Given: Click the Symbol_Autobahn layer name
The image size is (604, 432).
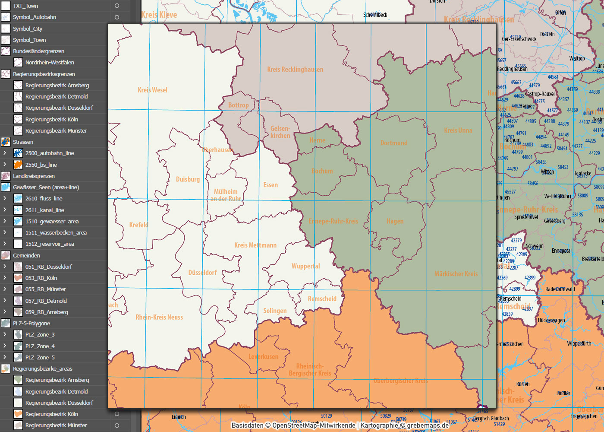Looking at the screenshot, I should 35,17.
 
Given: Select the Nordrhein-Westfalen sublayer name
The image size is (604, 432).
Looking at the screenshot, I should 50,63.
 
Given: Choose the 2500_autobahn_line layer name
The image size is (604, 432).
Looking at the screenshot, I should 50,153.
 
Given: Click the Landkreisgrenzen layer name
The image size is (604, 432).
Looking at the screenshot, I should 34,176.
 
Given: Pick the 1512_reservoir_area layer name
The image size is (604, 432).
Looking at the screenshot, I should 50,244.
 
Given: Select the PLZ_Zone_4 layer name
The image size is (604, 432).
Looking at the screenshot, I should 40,346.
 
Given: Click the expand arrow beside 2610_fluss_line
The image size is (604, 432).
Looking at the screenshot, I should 5,199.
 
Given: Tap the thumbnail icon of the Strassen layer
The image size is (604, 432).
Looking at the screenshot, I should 6,142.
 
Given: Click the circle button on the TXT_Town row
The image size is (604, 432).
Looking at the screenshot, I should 117,6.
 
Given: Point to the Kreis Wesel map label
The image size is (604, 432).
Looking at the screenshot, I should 153,90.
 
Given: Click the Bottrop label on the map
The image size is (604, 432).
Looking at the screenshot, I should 239,105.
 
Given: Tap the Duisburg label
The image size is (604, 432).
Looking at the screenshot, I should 188,179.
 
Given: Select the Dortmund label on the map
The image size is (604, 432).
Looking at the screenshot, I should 394,143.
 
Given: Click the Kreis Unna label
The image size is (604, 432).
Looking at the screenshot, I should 458,130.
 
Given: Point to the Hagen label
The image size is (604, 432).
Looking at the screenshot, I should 395,221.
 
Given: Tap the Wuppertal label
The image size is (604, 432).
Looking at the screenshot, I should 306,266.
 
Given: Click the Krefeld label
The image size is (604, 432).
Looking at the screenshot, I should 139,225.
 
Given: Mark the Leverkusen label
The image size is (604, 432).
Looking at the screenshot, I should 264,357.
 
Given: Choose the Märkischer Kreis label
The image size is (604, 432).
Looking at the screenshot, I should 456,274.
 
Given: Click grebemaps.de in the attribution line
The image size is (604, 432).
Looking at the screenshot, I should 428,426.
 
